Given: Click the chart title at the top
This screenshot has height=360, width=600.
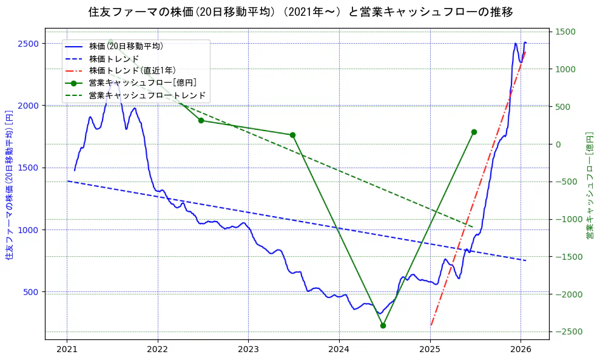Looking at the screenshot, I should point(300,12).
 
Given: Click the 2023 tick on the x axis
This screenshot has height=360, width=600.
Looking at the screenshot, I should point(248,350).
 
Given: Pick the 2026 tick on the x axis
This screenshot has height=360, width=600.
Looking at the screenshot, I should point(521,350).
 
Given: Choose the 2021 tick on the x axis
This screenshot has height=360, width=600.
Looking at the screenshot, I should point(67,350).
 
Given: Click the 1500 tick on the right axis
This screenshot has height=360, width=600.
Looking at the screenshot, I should point(566,32).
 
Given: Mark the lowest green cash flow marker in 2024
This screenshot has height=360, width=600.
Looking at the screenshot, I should point(383,325).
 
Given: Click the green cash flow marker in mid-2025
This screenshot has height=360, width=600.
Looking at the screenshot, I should point(474,132).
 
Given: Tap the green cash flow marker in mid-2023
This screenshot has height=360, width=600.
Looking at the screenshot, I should point(292,135).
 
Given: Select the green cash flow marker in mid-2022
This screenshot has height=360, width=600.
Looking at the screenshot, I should point(201,120).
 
